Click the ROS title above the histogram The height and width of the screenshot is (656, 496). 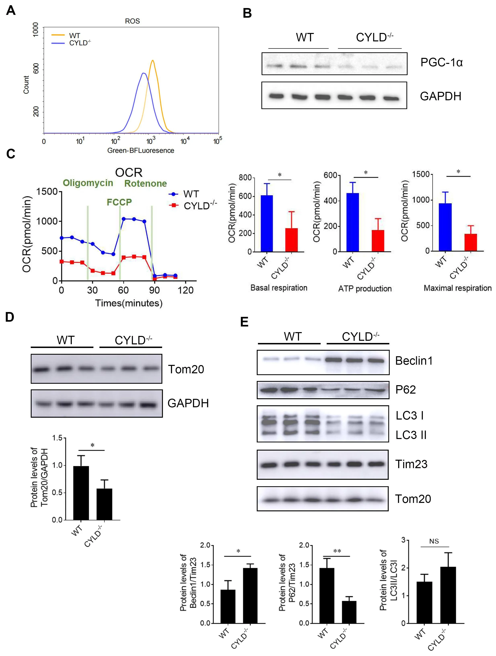point(132,21)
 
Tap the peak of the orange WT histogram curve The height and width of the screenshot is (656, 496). point(153,61)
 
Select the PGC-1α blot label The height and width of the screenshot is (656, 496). point(441,62)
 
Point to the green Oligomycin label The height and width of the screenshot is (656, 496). point(88,183)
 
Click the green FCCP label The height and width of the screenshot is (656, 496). point(119,202)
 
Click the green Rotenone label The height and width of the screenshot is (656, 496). point(146,184)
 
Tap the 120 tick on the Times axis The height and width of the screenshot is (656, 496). point(186,290)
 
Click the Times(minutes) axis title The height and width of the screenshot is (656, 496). point(129,303)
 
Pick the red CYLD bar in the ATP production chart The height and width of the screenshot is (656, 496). point(378,241)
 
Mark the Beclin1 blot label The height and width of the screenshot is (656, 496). point(414,361)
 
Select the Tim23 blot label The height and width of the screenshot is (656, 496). point(411,464)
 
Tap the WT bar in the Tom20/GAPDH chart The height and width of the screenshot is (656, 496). point(81,493)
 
